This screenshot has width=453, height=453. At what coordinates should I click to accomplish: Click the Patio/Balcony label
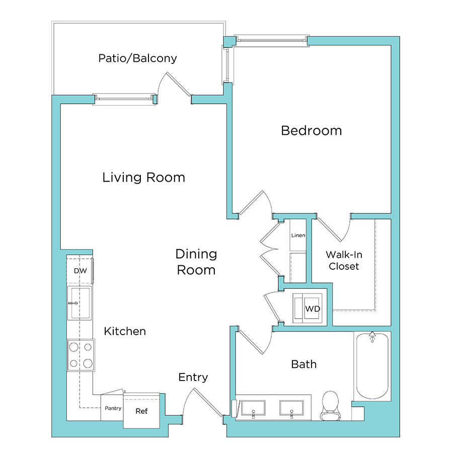pos(137,58)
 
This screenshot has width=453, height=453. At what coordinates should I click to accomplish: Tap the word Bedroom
pos(311,131)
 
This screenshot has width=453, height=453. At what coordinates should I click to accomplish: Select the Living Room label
pos(143,178)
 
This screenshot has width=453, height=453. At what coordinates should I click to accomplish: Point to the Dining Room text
pos(196,262)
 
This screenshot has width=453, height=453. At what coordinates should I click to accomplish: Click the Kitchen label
pos(125,331)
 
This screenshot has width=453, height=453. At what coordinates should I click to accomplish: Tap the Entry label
pos(193,377)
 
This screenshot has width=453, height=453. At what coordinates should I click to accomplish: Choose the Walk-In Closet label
pos(344,260)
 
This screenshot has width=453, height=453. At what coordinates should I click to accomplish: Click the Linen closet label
pos(298,236)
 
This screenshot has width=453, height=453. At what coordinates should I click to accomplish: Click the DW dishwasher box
pos(80,271)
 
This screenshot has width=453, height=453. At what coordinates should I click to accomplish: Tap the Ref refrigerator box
pos(141,411)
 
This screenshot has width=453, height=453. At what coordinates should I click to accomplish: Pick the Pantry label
pos(113,408)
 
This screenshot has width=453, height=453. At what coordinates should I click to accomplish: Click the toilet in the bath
pos(331,406)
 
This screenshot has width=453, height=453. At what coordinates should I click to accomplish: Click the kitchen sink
pos(80,303)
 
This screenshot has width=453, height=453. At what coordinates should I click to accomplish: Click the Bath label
pos(304,364)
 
